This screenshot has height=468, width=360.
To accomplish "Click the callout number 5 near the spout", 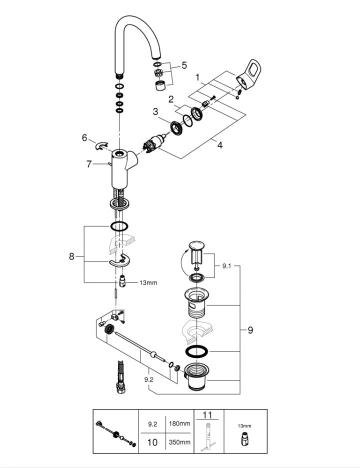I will click(184, 65).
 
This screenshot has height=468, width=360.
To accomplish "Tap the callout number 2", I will click(170, 98).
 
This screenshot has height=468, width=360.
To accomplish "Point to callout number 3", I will click(155, 111).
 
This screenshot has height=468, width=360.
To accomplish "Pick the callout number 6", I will click(84, 137).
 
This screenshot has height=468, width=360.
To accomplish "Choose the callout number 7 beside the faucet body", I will click(89, 163).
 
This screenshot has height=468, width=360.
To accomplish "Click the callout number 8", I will click(72, 256).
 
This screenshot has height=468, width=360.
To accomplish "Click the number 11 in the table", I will click(208, 415).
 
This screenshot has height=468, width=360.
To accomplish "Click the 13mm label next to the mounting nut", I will click(148, 283).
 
